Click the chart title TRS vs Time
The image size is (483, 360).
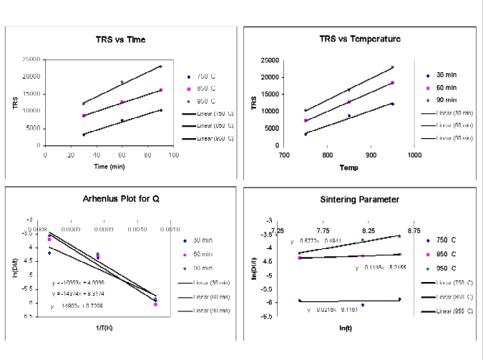(x=120, y=39)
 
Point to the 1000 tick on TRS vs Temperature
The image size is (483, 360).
(x=414, y=154)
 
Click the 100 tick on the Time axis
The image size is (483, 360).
(x=173, y=154)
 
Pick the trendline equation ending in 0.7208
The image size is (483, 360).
(x=82, y=306)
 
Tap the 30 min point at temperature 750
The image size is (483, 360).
(x=306, y=134)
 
